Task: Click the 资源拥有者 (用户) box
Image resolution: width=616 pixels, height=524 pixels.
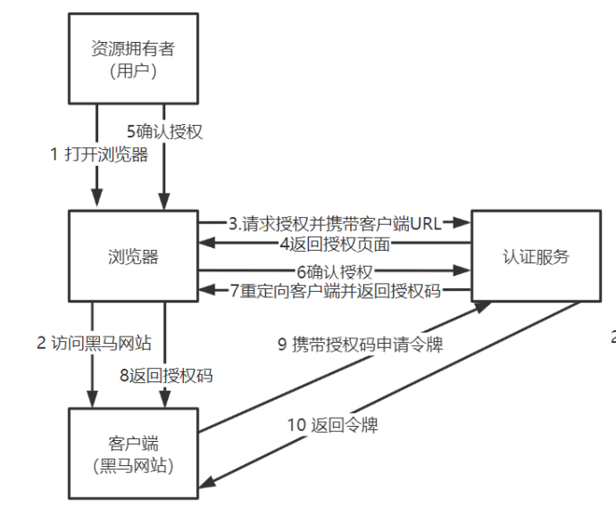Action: [134, 58]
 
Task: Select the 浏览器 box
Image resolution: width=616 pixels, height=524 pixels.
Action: [134, 257]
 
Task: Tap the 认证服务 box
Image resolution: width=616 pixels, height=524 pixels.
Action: [535, 257]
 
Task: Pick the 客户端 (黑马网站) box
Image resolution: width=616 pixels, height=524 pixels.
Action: [134, 453]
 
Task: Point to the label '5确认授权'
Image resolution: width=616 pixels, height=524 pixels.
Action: [165, 132]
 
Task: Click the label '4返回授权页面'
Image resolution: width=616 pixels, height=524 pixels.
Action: [335, 244]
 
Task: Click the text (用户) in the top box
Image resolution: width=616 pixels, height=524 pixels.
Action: [134, 71]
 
